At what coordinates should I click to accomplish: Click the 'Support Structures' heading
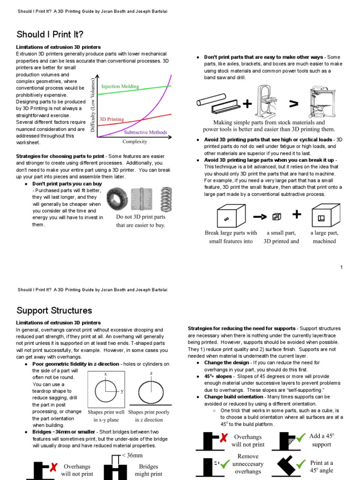[54, 310]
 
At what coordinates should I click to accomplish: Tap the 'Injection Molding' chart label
[120, 86]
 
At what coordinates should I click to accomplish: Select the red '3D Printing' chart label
[112, 120]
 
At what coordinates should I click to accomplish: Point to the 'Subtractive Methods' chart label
[145, 132]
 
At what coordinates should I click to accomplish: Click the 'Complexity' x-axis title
[135, 141]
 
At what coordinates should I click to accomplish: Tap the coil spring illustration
[165, 199]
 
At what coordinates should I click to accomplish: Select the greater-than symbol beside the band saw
[293, 103]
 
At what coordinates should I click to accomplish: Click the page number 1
[342, 267]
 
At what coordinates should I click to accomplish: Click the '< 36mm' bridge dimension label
[132, 456]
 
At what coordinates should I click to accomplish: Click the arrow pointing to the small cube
[260, 217]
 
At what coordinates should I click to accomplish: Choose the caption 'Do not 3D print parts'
[141, 217]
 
